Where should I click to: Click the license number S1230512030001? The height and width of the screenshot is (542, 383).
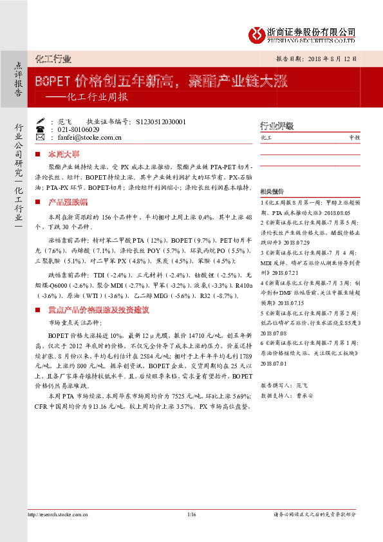[x=162, y=121]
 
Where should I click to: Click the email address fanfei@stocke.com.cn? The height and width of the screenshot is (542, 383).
[x=90, y=138]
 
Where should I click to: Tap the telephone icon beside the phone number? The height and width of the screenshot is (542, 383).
[x=42, y=129]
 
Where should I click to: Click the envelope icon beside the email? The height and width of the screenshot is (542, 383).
[x=42, y=138]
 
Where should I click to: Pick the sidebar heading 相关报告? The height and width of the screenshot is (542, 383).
[x=271, y=192]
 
